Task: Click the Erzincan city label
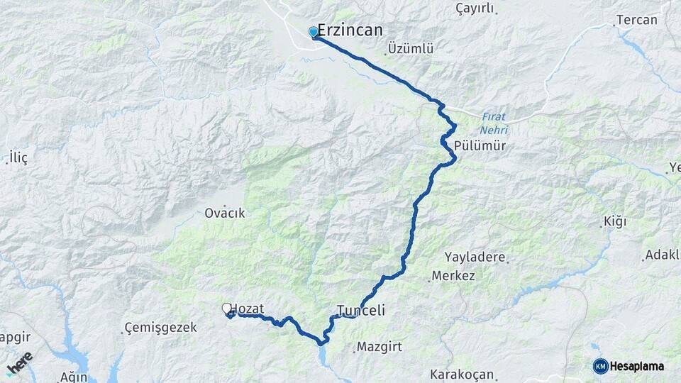[x=350, y=30]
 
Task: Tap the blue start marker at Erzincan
[x=313, y=32]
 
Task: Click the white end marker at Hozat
[x=227, y=309]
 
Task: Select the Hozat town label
[x=248, y=309]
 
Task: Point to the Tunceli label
[x=360, y=311]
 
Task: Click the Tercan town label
[x=636, y=20]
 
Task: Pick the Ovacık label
[x=224, y=213]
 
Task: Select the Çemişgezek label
[x=154, y=327]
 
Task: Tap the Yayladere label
[x=475, y=257]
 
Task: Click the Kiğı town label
[x=614, y=222]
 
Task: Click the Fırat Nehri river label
[x=494, y=123]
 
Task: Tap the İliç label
[x=17, y=158]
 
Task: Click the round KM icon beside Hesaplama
[x=600, y=366]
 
